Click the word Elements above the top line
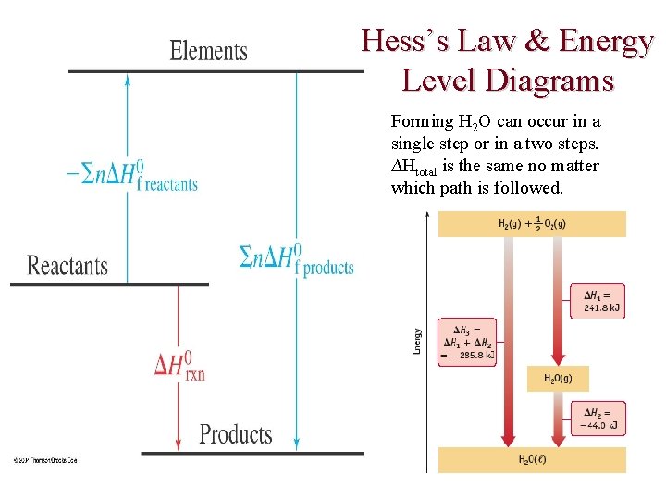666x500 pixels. coord(208,50)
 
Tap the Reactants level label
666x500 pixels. coord(68,267)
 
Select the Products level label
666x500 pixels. coord(236,434)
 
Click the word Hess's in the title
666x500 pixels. coord(407,42)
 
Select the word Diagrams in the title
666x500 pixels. coord(555,81)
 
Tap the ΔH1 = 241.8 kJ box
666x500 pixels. coord(597,301)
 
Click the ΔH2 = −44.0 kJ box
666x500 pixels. coord(598,419)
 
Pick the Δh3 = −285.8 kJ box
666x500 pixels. coord(466,341)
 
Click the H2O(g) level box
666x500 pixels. coord(559,378)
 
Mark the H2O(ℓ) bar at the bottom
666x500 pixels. coord(532,460)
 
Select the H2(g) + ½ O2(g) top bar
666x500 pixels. coord(532,224)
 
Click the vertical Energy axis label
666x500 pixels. coord(416,340)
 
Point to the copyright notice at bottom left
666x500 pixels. coord(44,460)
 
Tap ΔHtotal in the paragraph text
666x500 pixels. coord(416,168)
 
